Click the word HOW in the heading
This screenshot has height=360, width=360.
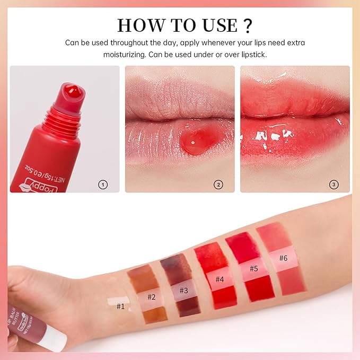(x=137, y=25)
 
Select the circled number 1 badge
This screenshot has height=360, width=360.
(x=103, y=185)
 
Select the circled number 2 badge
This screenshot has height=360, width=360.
(x=218, y=185)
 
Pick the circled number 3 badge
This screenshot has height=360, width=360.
(x=333, y=185)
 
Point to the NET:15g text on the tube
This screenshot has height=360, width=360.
(x=59, y=170)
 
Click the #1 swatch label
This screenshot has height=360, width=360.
(x=120, y=305)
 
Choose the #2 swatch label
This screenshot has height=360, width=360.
(x=152, y=297)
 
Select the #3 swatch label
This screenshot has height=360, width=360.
(x=183, y=290)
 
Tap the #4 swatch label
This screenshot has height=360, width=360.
(x=218, y=279)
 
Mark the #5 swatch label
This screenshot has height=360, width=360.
(x=253, y=269)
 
